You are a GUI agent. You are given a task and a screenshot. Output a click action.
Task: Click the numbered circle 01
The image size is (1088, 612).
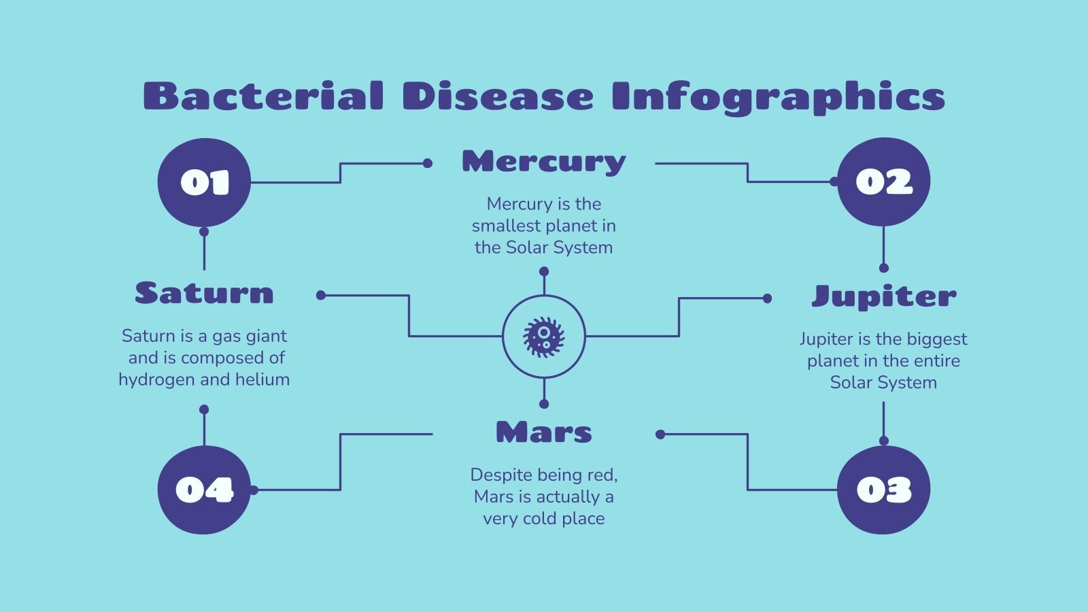(204, 182)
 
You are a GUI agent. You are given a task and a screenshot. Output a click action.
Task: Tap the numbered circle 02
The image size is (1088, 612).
(883, 182)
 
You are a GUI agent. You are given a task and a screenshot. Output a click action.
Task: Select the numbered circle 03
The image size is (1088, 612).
(883, 490)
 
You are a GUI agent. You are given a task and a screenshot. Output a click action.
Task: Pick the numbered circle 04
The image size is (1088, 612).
(204, 490)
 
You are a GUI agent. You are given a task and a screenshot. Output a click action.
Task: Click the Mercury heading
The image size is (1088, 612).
(543, 162)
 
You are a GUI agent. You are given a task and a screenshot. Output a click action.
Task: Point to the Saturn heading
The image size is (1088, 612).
(204, 293)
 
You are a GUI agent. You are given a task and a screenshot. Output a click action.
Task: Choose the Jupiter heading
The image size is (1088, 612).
(883, 296)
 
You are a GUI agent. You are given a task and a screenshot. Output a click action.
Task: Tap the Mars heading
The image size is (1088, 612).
(543, 432)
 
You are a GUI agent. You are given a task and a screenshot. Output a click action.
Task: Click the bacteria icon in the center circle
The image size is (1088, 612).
(543, 336)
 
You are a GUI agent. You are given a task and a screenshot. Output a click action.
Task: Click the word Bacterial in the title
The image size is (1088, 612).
(263, 97)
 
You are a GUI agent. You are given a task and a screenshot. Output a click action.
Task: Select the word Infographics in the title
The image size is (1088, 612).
(778, 97)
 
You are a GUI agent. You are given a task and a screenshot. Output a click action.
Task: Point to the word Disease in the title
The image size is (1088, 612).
(497, 97)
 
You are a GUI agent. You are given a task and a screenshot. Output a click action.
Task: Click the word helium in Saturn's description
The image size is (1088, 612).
(262, 379)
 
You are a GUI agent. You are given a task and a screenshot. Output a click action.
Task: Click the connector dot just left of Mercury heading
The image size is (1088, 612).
(427, 163)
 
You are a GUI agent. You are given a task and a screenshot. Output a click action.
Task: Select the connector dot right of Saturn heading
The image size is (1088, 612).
(321, 295)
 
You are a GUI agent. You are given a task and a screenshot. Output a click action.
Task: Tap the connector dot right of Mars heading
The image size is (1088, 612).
(660, 434)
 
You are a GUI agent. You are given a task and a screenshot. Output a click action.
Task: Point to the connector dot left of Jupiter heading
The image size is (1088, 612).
(767, 298)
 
